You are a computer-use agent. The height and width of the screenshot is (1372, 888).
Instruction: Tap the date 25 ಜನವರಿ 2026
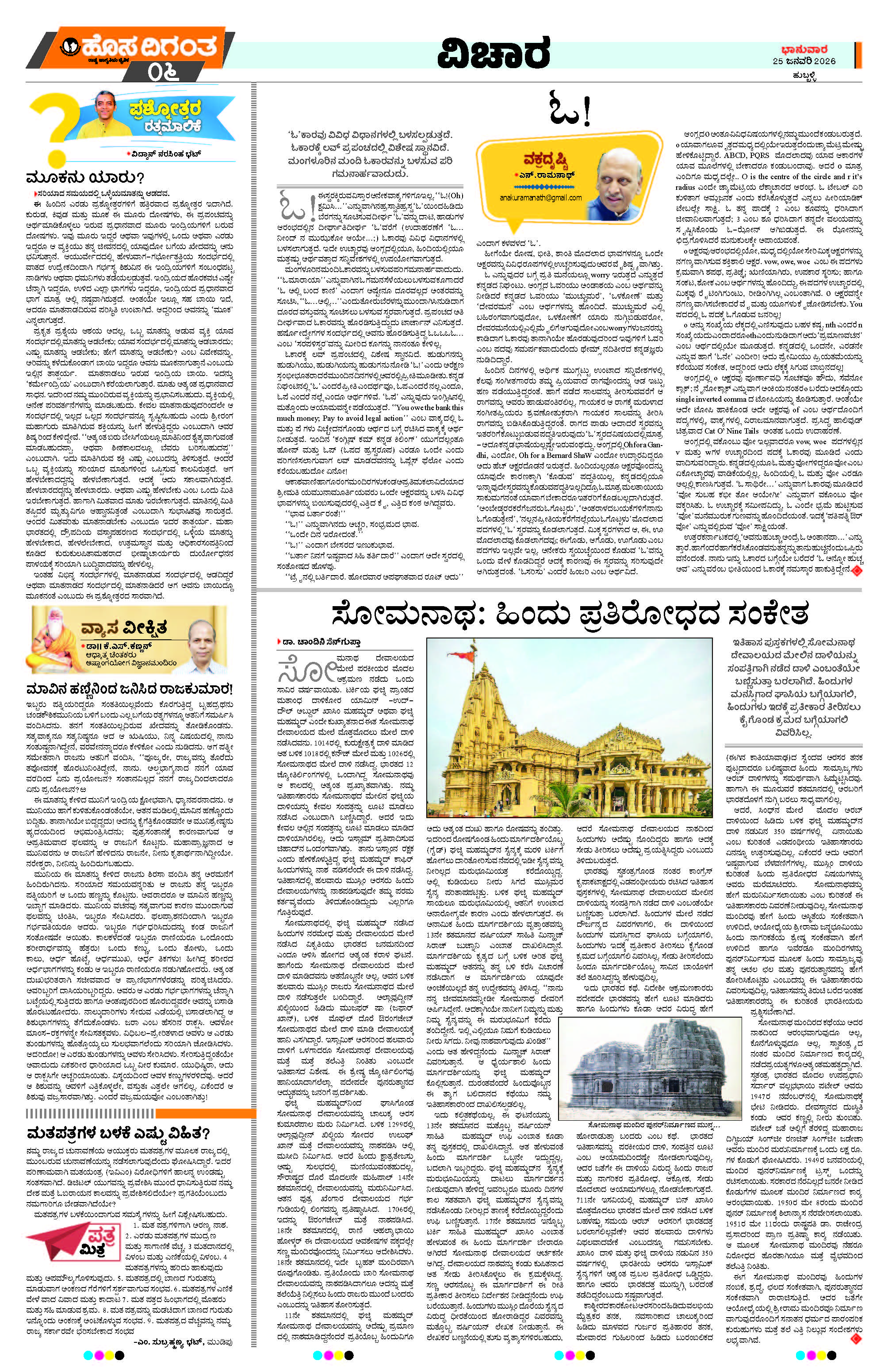pos(804,61)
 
